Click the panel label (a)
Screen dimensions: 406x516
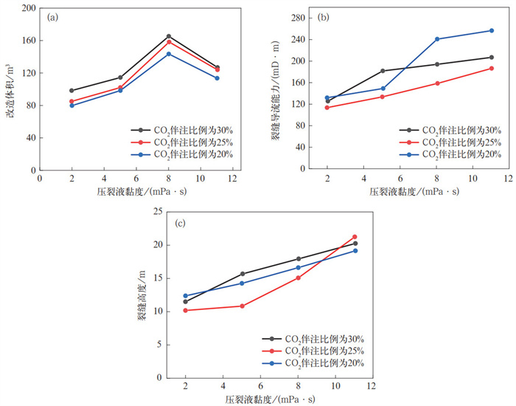pyautogui.click(x=53, y=17)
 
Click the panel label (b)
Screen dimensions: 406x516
pyautogui.click(x=322, y=17)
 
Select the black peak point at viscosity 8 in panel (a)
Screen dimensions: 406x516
pyautogui.click(x=169, y=36)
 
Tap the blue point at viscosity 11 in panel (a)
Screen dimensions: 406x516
pyautogui.click(x=217, y=78)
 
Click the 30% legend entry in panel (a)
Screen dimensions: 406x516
pyautogui.click(x=177, y=130)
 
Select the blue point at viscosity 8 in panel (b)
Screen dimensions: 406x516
pyautogui.click(x=437, y=39)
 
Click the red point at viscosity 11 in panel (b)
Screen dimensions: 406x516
pyautogui.click(x=491, y=69)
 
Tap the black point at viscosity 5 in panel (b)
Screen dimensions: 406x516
pyautogui.click(x=383, y=71)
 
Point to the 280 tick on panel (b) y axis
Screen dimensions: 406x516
pyautogui.click(x=297, y=18)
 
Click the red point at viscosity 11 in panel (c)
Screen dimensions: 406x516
pyautogui.click(x=355, y=237)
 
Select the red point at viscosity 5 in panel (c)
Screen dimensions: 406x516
pyautogui.click(x=242, y=306)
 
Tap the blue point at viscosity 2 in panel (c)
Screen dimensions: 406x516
pyautogui.click(x=186, y=296)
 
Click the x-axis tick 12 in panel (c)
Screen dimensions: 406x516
pyautogui.click(x=373, y=387)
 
